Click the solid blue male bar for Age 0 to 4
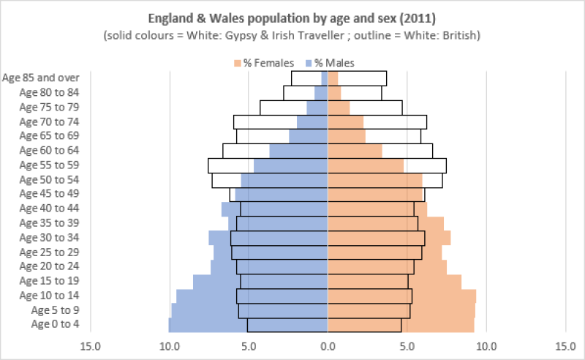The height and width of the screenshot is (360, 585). tap(249, 325)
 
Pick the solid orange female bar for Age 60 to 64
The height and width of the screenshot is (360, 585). tap(355, 151)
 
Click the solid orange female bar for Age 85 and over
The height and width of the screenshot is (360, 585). tap(333, 78)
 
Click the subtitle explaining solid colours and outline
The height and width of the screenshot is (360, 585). tap(292, 34)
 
